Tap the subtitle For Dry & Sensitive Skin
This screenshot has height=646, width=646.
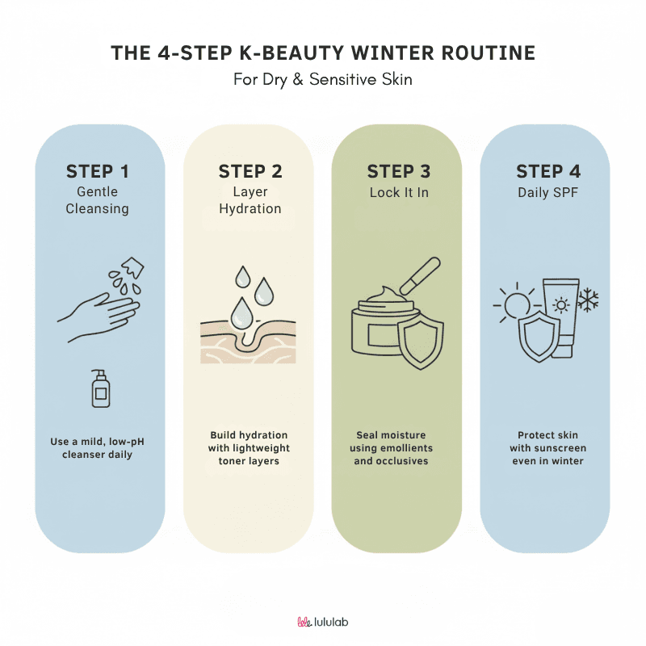click(322, 79)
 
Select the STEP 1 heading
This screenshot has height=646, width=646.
click(98, 172)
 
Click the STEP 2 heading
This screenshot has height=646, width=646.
click(250, 172)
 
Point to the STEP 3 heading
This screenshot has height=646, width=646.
click(399, 172)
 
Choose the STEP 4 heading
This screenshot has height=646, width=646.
click(548, 172)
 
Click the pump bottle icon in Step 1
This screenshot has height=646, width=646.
click(100, 388)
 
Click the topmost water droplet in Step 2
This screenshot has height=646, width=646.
click(242, 276)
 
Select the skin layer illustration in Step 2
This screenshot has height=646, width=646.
click(248, 342)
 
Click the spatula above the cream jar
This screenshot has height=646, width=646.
click(420, 275)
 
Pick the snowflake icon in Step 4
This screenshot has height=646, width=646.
click(588, 300)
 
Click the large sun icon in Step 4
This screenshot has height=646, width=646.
click(515, 305)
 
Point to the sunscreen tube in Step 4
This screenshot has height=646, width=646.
click(561, 317)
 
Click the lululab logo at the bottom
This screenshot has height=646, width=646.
click(322, 622)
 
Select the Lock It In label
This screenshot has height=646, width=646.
click(399, 192)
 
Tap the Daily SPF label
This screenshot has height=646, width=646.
click(548, 192)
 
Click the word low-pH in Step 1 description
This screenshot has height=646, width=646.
click(126, 442)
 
